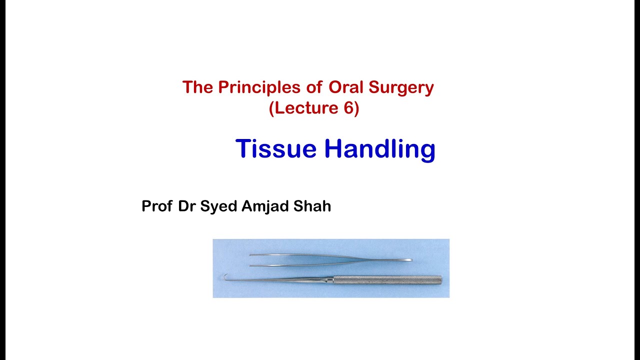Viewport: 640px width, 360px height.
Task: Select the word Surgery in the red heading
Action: click(401, 88)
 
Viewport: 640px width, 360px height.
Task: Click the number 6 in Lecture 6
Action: click(348, 108)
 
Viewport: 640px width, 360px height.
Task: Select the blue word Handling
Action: click(379, 149)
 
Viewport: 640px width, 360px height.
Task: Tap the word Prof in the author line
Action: click(157, 206)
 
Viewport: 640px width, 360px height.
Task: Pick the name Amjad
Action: click(266, 206)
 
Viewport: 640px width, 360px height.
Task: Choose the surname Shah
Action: click(313, 206)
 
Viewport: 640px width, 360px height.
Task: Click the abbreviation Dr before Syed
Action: click(186, 206)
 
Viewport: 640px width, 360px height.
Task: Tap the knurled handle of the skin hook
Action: click(387, 279)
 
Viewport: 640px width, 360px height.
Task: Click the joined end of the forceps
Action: click(407, 260)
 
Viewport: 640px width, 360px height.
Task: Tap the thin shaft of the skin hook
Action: click(280, 278)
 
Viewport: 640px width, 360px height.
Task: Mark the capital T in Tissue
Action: click(243, 149)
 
